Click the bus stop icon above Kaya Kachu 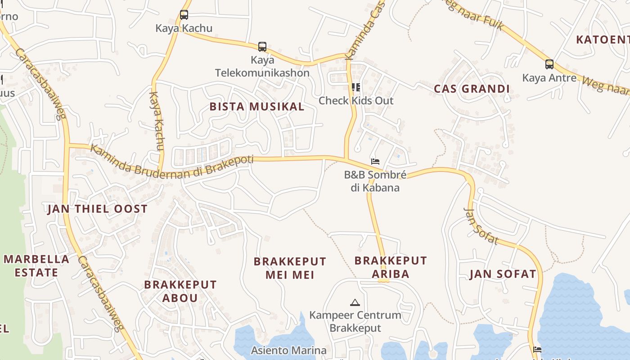pyautogui.click(x=184, y=15)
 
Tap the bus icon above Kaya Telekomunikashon pyautogui.click(x=262, y=46)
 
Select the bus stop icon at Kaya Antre pyautogui.click(x=549, y=64)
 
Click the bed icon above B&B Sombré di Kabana pyautogui.click(x=375, y=161)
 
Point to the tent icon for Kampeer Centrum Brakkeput pyautogui.click(x=355, y=302)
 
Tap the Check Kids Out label pyautogui.click(x=356, y=100)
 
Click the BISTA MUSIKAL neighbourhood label pyautogui.click(x=257, y=107)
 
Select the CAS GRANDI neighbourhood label pyautogui.click(x=472, y=89)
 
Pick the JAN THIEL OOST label pyautogui.click(x=97, y=209)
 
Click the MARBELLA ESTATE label pyautogui.click(x=36, y=265)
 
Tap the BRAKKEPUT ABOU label pyautogui.click(x=180, y=291)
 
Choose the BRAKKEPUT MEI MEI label pyautogui.click(x=290, y=268)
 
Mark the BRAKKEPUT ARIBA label pyautogui.click(x=391, y=267)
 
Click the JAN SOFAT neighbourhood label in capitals pyautogui.click(x=503, y=274)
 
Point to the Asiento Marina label pyautogui.click(x=288, y=350)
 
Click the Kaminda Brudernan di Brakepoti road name pyautogui.click(x=172, y=162)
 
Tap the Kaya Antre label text pyautogui.click(x=549, y=78)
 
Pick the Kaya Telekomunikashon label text pyautogui.click(x=262, y=66)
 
